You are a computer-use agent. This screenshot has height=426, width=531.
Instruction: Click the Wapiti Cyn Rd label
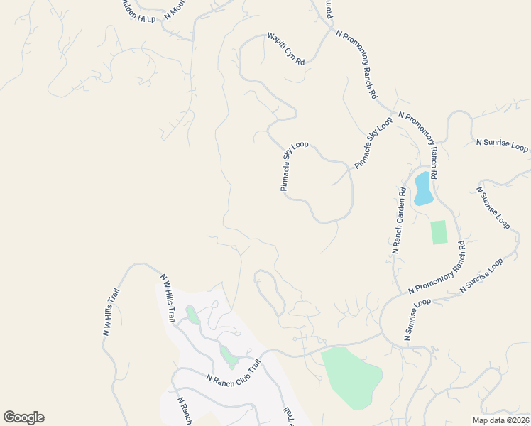[x=285, y=49]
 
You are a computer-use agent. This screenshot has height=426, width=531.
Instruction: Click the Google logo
[x=23, y=417]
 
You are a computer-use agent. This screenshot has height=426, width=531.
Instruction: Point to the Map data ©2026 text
[x=500, y=420]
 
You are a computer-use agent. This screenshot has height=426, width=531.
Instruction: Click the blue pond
[x=423, y=188]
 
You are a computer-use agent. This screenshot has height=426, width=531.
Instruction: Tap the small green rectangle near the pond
[x=439, y=232]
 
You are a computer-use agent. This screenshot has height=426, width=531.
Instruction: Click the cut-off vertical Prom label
[x=329, y=9]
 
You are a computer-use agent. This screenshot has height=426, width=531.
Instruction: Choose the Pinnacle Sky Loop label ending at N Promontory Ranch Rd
[x=373, y=143]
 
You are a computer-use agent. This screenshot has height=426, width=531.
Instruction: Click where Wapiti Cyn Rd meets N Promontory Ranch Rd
[x=331, y=29]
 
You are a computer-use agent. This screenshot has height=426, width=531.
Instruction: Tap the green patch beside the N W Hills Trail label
[x=192, y=313]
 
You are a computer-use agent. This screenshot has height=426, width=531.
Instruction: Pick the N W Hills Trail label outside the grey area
[x=111, y=312]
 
